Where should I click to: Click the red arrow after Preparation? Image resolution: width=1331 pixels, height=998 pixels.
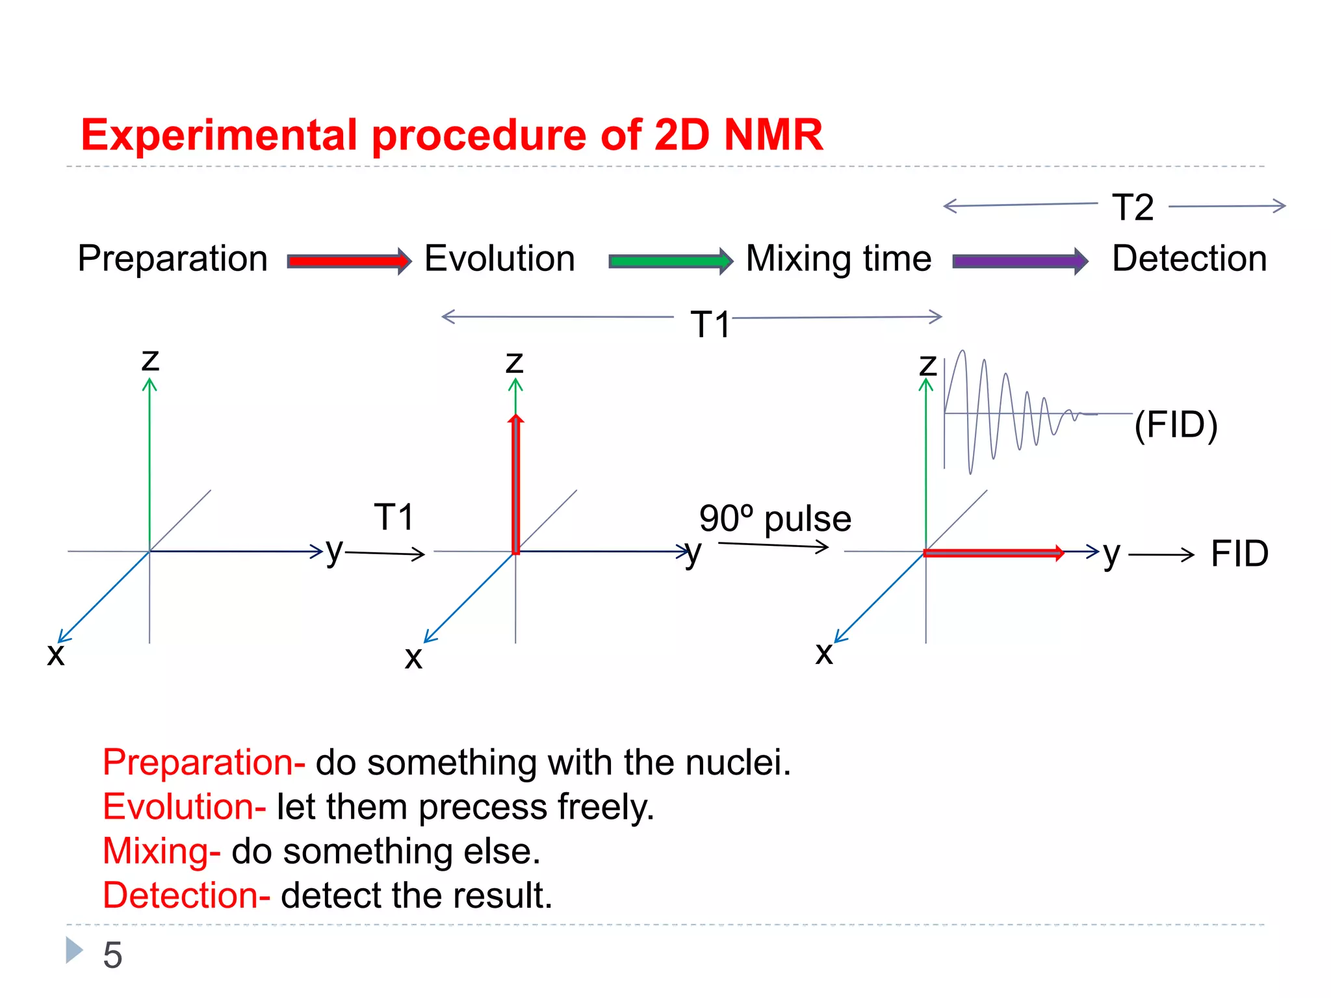(349, 261)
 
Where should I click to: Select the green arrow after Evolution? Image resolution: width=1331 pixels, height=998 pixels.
(670, 261)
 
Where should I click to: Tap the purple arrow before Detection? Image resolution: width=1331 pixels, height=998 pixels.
(1019, 261)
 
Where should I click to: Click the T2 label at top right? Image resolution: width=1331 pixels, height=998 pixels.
(1133, 208)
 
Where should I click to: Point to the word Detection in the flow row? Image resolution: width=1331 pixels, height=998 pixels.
(1189, 259)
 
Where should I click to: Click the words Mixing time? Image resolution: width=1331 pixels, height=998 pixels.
(838, 259)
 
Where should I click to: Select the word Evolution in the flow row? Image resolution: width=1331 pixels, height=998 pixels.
(499, 259)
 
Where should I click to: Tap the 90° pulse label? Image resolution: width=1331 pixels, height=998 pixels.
(775, 518)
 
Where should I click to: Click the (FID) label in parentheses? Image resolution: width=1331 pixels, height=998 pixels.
(1176, 425)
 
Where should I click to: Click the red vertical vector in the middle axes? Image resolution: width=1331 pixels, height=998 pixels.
(516, 484)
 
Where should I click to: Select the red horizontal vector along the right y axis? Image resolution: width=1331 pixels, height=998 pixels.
(992, 553)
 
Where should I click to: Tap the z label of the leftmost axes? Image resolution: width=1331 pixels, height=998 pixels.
(150, 359)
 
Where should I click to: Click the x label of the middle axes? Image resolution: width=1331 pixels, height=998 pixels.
(413, 658)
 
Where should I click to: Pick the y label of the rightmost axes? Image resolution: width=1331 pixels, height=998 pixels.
(1111, 554)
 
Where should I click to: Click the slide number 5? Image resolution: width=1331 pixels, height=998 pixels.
(112, 955)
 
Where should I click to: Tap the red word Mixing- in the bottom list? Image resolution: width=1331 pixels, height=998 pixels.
(161, 851)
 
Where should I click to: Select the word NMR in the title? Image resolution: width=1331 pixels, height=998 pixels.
(773, 135)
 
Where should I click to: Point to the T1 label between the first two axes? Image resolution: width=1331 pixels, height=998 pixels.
(394, 517)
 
